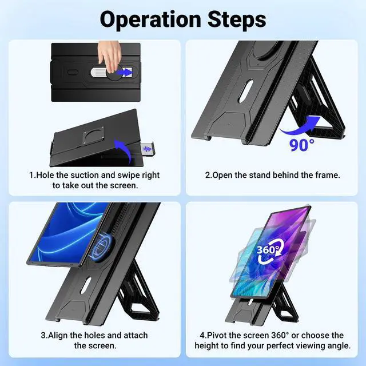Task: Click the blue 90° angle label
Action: pos(302,144)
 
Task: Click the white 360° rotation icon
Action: pos(269,251)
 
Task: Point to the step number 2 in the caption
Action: pos(208,174)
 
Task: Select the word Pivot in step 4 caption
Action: pos(221,335)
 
